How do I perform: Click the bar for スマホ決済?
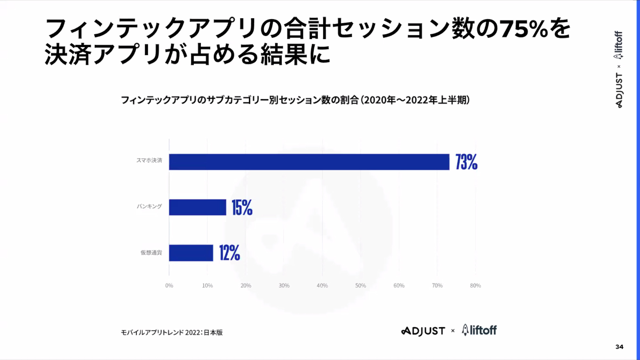coord(309,162)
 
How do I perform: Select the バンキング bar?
coord(197,207)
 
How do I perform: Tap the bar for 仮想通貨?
coord(191,253)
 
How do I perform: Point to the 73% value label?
coord(466,162)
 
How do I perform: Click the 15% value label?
coord(242,207)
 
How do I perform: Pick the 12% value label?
coord(229,253)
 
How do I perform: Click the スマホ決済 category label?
coord(149,160)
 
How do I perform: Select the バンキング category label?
coord(149,206)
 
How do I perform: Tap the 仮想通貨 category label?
coord(151,252)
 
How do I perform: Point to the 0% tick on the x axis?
coord(169,285)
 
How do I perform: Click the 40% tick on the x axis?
coord(322,285)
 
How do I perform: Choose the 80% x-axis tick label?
coord(475,285)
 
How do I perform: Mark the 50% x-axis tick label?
coord(360,285)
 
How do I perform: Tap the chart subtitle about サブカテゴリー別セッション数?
coord(295,100)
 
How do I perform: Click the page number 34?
coord(619,347)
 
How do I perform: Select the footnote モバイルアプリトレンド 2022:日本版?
coord(172,332)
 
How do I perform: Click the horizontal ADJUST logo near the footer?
coord(423,331)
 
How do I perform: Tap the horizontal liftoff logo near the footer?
coord(479,330)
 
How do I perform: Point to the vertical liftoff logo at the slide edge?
coord(618,45)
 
